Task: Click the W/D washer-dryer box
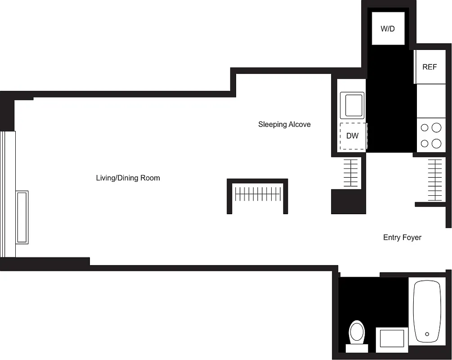(387, 29)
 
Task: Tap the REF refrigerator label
(430, 67)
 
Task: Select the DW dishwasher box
(353, 135)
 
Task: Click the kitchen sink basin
(352, 104)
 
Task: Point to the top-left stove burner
(425, 128)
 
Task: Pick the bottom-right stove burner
(436, 144)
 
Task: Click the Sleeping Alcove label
(284, 124)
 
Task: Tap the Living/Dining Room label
(128, 178)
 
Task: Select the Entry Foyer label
(402, 237)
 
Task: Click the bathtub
(427, 311)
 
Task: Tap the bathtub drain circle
(427, 334)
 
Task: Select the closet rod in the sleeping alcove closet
(258, 194)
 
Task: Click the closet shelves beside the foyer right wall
(435, 180)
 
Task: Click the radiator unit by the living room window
(22, 217)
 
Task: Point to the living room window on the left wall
(8, 193)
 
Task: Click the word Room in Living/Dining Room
(150, 178)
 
